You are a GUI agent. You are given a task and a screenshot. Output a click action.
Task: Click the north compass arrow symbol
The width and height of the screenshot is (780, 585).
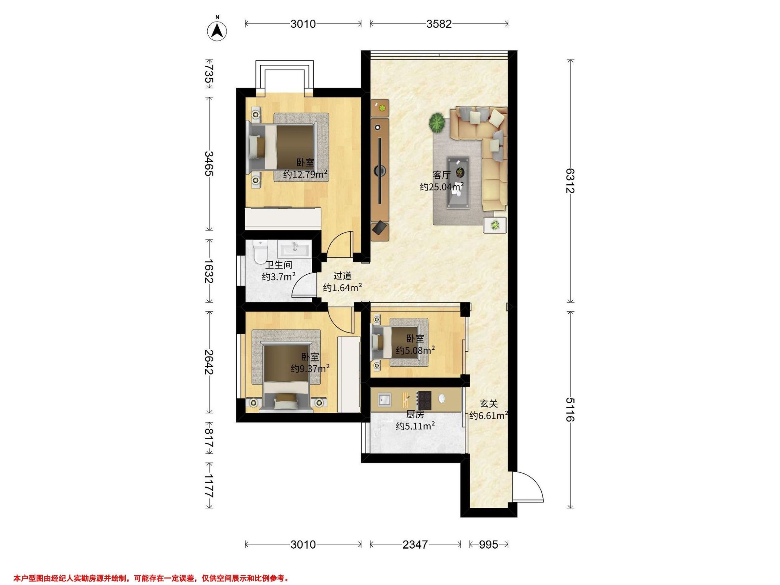(217, 31)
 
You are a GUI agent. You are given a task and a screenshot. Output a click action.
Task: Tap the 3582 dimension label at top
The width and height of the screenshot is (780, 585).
(439, 24)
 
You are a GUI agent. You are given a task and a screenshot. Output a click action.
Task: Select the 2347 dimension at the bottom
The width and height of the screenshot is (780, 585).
(415, 545)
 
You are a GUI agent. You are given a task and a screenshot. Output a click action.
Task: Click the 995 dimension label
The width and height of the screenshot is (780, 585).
(488, 545)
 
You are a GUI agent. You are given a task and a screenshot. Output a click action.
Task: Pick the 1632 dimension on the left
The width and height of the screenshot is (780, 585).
(209, 271)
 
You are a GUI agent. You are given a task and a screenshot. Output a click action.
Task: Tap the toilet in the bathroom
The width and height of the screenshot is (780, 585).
(260, 252)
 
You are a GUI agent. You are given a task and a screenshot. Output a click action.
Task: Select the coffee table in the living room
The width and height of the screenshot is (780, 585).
(458, 183)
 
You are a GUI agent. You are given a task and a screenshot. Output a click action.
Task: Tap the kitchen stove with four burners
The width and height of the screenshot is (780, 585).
(424, 400)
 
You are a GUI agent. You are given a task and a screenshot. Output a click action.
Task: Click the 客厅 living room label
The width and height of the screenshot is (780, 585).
(441, 175)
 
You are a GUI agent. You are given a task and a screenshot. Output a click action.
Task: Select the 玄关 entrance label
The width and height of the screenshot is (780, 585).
(488, 404)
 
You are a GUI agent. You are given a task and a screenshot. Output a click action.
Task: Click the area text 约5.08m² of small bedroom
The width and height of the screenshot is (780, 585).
(415, 350)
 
